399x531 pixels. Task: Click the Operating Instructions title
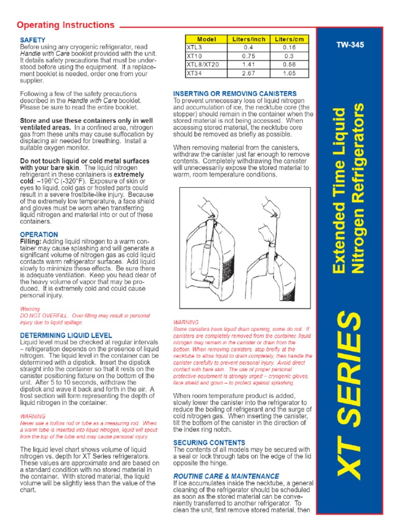point(65,25)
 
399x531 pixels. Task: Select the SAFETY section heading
point(33,40)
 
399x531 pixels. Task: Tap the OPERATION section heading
point(39,234)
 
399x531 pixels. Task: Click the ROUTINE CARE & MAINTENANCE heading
point(226,476)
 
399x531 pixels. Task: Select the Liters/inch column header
point(248,39)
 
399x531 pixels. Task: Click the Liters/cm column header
point(289,39)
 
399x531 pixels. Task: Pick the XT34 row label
point(194,73)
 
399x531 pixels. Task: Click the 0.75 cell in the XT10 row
point(248,56)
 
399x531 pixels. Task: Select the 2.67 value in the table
point(248,73)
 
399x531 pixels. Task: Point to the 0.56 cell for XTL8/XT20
point(289,65)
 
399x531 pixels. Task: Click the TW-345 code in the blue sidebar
point(350,45)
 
